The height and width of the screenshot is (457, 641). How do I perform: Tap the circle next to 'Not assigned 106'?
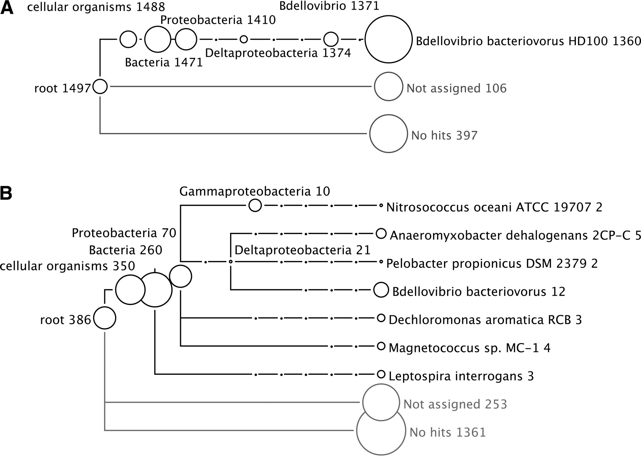point(389,87)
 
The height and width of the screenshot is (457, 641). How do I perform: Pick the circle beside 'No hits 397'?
point(389,134)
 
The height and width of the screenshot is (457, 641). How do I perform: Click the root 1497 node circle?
point(100,86)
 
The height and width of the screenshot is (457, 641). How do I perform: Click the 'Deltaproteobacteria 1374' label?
point(278,53)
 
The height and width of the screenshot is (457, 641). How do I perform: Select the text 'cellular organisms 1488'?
point(96,7)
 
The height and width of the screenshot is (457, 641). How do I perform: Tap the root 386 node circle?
point(105,318)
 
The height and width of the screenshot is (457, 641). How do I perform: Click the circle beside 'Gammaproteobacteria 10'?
point(255,205)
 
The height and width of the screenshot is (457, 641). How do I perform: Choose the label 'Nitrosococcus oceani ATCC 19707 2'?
point(494,207)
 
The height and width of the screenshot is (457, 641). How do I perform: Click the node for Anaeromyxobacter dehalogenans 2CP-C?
point(381,234)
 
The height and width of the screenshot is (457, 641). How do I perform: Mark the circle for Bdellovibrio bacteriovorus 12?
point(381,290)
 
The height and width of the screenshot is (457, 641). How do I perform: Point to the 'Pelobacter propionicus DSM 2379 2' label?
point(492,263)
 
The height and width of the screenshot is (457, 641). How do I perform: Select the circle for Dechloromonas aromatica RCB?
point(381,318)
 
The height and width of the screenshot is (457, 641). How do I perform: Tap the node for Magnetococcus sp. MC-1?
point(381,346)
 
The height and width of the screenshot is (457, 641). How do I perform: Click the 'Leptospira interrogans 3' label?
point(461,376)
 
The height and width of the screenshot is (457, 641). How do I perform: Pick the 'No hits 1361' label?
point(448,432)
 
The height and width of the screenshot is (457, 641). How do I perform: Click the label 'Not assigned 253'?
point(455,404)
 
